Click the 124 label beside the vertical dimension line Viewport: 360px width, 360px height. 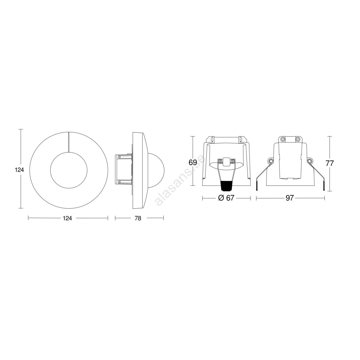pos(19,170)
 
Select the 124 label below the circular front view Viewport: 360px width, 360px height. pos(67,218)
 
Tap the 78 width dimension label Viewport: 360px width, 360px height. pos(138,218)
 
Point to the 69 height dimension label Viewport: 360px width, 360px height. pos(193,163)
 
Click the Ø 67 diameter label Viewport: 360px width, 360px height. pos(226,198)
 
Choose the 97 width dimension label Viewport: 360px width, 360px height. pos(290,198)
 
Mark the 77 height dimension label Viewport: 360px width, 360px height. pos(330,163)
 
